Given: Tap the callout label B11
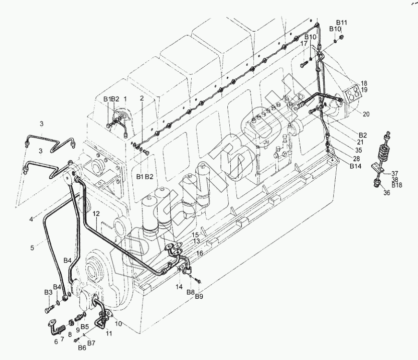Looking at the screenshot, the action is pyautogui.click(x=342, y=23).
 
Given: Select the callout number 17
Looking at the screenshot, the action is pyautogui.click(x=304, y=44).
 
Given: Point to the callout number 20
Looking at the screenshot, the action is pyautogui.click(x=366, y=114).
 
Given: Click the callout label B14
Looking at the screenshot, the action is pyautogui.click(x=356, y=166).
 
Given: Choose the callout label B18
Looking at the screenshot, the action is pyautogui.click(x=397, y=185).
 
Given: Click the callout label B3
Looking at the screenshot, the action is pyautogui.click(x=48, y=292).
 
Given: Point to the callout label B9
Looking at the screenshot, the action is pyautogui.click(x=199, y=297).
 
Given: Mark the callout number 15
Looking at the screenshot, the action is pyautogui.click(x=195, y=234).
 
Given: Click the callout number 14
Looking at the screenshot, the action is pyautogui.click(x=179, y=286).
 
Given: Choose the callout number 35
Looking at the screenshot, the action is pyautogui.click(x=358, y=150).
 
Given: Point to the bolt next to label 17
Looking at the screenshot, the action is pyautogui.click(x=304, y=64).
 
